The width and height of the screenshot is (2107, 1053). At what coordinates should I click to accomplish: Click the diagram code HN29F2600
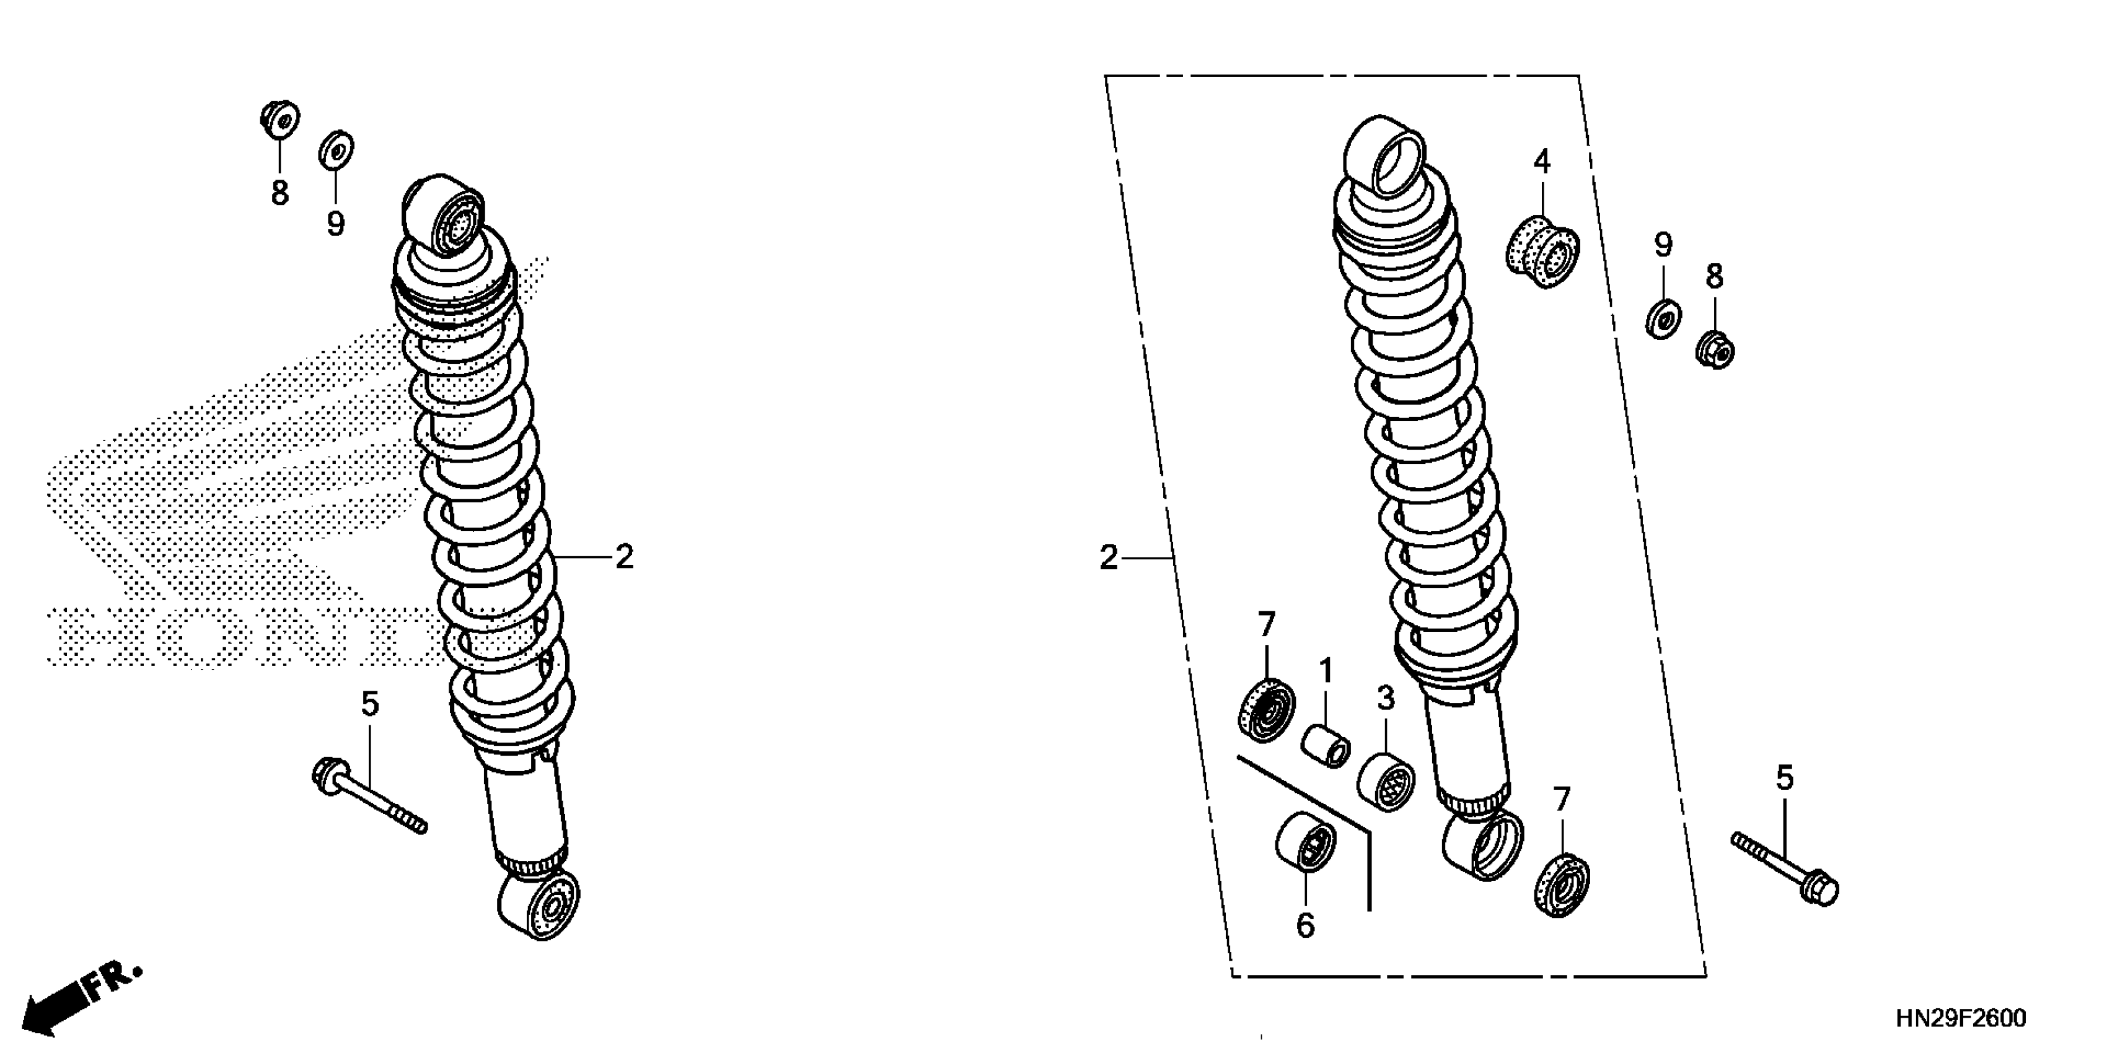pos(1961,1018)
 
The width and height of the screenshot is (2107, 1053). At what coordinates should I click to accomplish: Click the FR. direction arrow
pos(82,999)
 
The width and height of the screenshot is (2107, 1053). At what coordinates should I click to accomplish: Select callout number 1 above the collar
pos(1326,671)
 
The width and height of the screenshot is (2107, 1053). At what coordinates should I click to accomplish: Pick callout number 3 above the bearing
pos(1386,699)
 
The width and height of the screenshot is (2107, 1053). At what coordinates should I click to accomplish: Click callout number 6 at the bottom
pos(1306,925)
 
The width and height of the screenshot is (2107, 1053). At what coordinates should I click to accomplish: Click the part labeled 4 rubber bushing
pos(1542,251)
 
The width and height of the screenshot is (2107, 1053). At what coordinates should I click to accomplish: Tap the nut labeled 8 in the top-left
pos(279,120)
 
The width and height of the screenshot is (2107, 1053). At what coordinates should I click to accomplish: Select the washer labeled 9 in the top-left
pos(336,150)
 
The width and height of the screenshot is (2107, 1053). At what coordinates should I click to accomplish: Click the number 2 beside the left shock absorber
pos(624,557)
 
